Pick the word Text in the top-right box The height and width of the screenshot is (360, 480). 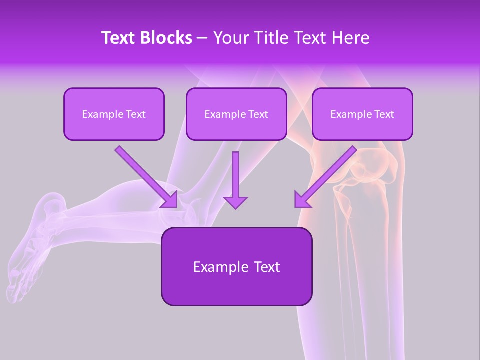point(384,114)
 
